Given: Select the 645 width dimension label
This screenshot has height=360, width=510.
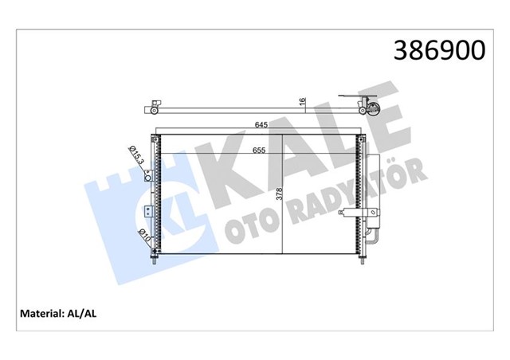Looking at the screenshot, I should (261, 125).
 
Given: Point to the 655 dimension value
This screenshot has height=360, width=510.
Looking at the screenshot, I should (261, 151).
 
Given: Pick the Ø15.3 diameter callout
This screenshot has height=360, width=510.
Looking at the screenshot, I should (137, 155).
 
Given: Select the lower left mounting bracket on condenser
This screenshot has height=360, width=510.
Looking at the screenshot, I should (148, 213).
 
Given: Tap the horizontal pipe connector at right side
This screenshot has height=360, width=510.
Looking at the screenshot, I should (351, 213).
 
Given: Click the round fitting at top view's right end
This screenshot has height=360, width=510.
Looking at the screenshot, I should (370, 109).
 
